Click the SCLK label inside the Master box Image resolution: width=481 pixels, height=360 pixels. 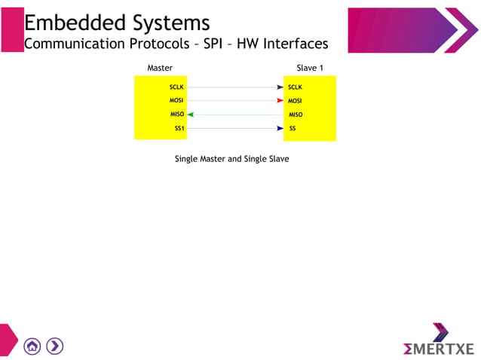tap(176, 87)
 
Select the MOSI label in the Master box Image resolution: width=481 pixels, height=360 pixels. tap(176, 101)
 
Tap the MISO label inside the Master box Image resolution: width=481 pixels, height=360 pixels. tap(177, 114)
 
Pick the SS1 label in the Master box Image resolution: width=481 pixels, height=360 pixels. tap(179, 129)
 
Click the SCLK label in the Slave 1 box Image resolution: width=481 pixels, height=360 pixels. tap(295, 87)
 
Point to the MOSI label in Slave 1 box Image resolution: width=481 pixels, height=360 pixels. tap(295, 101)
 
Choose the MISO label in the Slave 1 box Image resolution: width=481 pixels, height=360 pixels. tap(296, 114)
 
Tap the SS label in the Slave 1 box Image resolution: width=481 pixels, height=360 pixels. tap(293, 129)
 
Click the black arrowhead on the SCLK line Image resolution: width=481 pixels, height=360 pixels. tap(280, 87)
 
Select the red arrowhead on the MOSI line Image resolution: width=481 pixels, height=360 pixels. tap(280, 101)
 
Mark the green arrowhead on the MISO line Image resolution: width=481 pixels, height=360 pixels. tap(191, 114)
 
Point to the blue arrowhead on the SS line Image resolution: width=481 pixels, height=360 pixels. tap(280, 129)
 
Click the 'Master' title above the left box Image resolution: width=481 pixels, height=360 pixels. tap(160, 68)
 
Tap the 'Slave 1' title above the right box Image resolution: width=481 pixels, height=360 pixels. tap(310, 68)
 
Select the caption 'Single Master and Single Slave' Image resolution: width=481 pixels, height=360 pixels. tap(231, 159)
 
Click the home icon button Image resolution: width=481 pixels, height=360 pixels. tap(32, 346)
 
